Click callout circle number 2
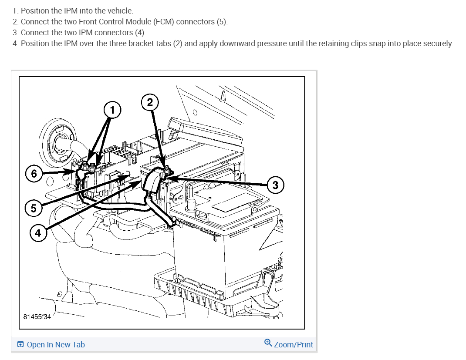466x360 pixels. click(x=150, y=102)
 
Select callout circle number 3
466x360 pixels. click(x=275, y=185)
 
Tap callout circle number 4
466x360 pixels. click(x=38, y=233)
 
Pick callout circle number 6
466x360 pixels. click(x=34, y=173)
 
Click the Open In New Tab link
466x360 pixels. click(x=56, y=345)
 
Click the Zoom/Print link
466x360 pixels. click(x=293, y=345)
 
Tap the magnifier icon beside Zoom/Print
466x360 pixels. click(x=268, y=343)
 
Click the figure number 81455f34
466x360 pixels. click(x=37, y=317)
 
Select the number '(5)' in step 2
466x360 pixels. click(x=221, y=21)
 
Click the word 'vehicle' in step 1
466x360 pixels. click(x=121, y=10)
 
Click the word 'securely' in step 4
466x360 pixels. click(x=437, y=44)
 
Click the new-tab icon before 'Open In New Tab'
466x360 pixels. click(x=20, y=345)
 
